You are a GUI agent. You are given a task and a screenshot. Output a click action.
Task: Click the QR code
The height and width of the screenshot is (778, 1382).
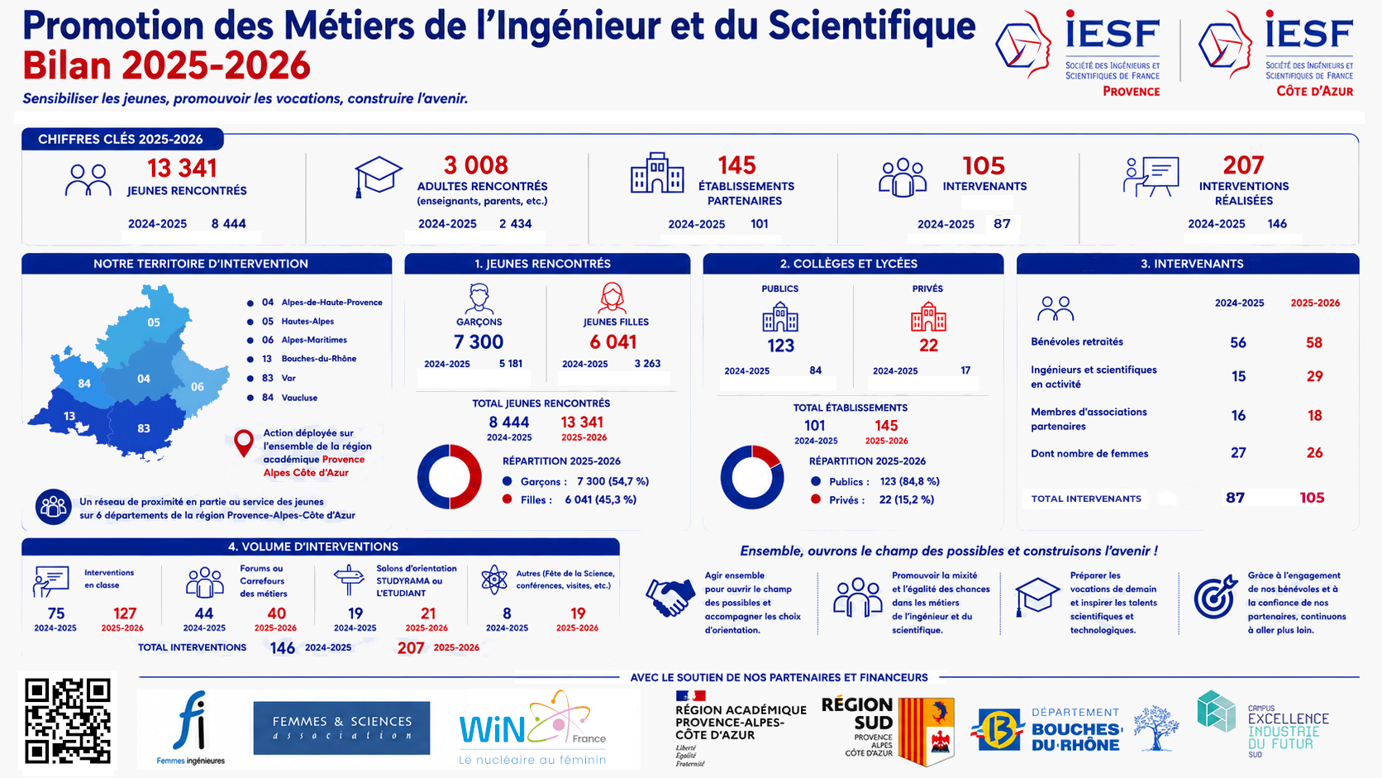[x=68, y=721]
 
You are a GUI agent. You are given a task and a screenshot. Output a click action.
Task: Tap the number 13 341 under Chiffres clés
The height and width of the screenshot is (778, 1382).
[x=182, y=169]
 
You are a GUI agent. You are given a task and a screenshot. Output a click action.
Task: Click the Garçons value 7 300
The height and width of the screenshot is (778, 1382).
[x=478, y=341]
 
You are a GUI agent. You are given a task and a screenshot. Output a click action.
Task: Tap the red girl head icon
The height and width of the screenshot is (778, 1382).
[x=612, y=298]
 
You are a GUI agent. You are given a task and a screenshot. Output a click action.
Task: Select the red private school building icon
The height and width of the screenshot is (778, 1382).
[x=928, y=317]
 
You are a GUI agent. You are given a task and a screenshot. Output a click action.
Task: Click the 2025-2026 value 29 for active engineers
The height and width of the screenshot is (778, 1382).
[x=1314, y=376]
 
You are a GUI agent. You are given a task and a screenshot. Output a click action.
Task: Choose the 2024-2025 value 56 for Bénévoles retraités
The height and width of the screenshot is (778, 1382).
[x=1237, y=342]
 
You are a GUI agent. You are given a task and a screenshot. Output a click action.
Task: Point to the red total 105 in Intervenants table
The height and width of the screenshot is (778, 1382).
[x=1312, y=498]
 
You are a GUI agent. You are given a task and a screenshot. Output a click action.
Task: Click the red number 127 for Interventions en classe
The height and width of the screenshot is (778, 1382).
[x=125, y=613]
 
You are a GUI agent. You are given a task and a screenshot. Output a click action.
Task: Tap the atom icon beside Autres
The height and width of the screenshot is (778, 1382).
[x=494, y=580]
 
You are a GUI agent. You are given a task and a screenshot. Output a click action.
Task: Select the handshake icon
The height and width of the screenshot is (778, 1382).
[x=670, y=598]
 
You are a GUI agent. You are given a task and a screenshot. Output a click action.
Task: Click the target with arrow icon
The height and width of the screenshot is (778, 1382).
[x=1215, y=596]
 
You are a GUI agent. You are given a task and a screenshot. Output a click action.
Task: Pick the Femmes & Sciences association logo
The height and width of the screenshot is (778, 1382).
[x=342, y=728]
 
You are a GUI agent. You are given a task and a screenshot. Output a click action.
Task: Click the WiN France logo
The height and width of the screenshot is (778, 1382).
[x=532, y=728]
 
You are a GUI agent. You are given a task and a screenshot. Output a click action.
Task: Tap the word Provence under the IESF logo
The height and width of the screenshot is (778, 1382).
[x=1131, y=91]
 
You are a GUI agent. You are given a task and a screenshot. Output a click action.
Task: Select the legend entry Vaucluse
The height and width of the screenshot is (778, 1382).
[x=299, y=398]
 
